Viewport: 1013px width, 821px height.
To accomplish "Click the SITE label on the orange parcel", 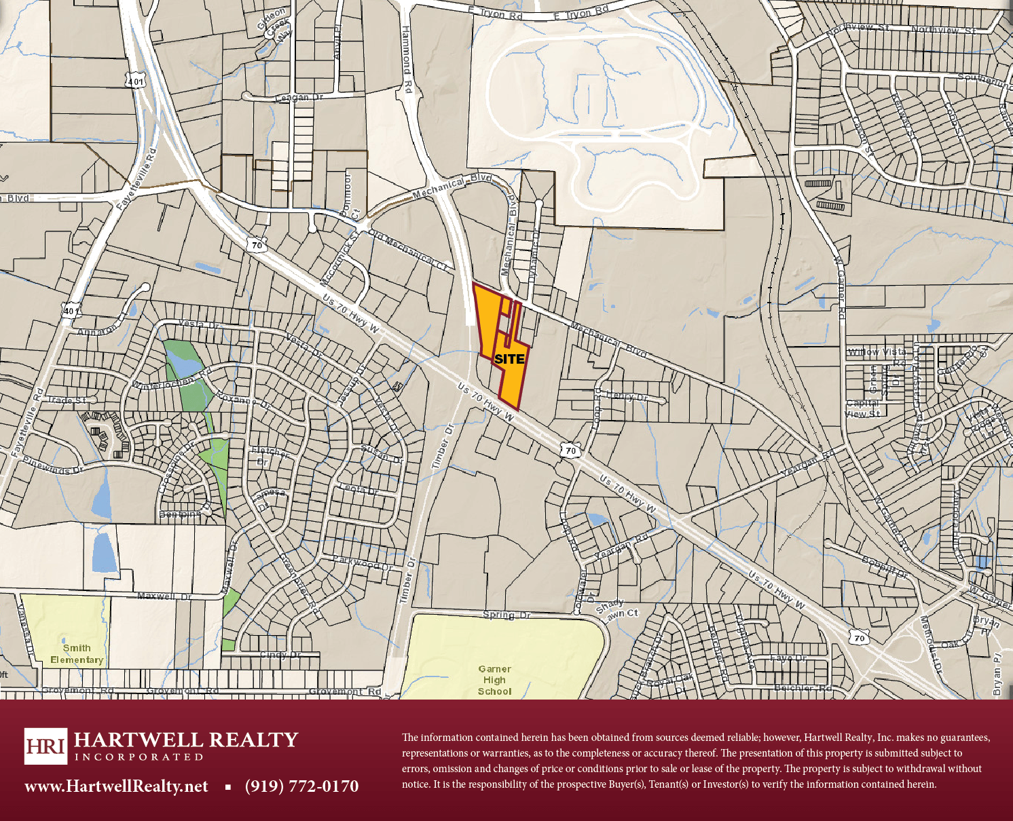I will [x=509, y=359].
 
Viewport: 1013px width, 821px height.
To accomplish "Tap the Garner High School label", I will [x=494, y=680].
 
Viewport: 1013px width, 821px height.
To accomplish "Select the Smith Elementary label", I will [x=77, y=654].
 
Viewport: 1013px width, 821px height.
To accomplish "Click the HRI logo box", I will [x=45, y=746].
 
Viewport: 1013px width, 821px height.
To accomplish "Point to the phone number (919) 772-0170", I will [x=301, y=786].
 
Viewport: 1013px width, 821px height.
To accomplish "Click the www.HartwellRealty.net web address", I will [x=116, y=786].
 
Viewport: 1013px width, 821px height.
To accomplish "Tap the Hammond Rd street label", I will [x=406, y=60].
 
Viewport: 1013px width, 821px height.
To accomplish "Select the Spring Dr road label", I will [x=506, y=615].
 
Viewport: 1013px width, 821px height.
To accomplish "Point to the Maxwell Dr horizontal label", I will [x=164, y=596].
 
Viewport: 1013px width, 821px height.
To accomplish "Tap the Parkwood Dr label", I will [x=363, y=563].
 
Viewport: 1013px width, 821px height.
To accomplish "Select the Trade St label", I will [x=67, y=400].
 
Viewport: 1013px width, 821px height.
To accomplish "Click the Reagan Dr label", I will [x=299, y=98].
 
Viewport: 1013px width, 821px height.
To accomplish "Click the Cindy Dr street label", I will [x=280, y=655].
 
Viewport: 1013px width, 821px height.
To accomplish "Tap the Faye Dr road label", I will [x=788, y=658].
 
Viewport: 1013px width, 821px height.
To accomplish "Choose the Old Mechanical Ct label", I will [x=407, y=250].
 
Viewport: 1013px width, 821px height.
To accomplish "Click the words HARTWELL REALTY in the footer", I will [x=186, y=740].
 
